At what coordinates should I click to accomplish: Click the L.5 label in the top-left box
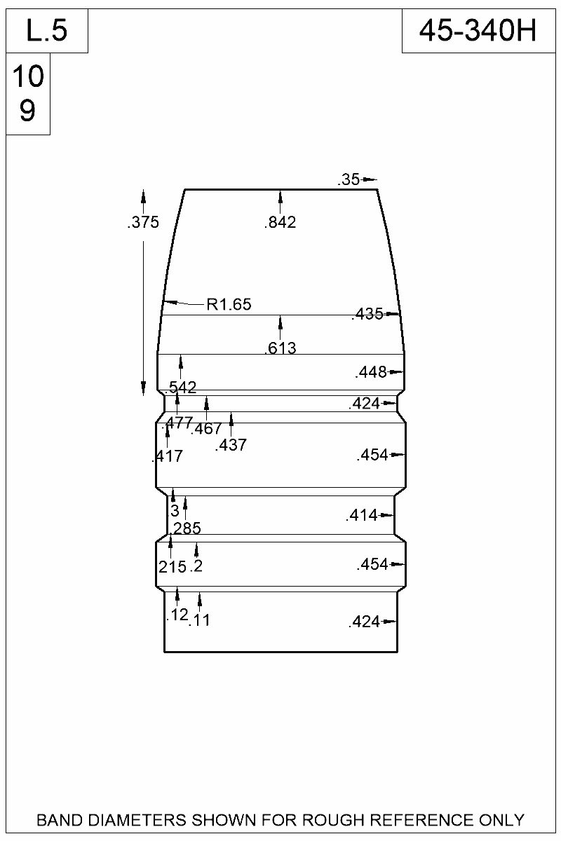click(x=46, y=31)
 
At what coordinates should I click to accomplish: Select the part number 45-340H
click(x=478, y=31)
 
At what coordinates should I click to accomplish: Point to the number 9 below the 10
click(x=27, y=111)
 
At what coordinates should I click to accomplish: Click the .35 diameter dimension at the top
click(x=349, y=180)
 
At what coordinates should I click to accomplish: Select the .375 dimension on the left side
click(x=143, y=224)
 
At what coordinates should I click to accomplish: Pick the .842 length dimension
click(x=280, y=224)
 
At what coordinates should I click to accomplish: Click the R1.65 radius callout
click(x=229, y=305)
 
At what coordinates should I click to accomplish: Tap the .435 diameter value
click(x=367, y=315)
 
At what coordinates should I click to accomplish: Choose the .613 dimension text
click(x=280, y=348)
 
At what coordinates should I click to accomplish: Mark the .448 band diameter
click(x=371, y=372)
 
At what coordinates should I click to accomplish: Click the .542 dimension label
click(x=181, y=388)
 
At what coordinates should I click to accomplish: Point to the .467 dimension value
click(x=206, y=429)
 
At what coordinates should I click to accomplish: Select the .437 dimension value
click(x=231, y=445)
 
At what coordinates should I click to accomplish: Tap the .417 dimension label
click(x=167, y=457)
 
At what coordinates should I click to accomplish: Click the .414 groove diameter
click(x=362, y=517)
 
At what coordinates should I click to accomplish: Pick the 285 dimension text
click(x=187, y=528)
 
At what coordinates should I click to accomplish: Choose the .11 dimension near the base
click(x=200, y=620)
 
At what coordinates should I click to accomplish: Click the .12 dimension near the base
click(x=177, y=615)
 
